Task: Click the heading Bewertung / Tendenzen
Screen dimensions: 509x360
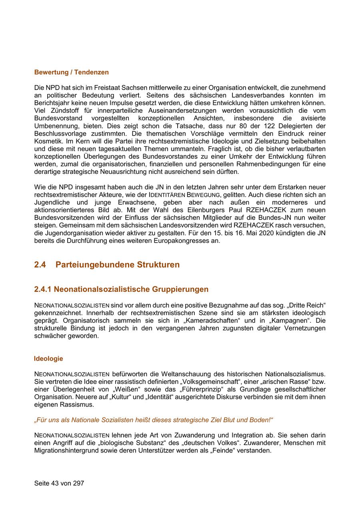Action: [71, 72]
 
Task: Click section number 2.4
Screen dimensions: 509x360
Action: [40, 265]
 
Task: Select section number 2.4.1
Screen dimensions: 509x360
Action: [43, 289]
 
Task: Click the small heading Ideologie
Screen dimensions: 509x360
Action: [48, 359]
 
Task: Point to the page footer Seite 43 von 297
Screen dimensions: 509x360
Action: [59, 483]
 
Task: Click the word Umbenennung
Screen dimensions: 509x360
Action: [54, 126]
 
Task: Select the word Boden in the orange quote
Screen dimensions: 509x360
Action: [258, 420]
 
